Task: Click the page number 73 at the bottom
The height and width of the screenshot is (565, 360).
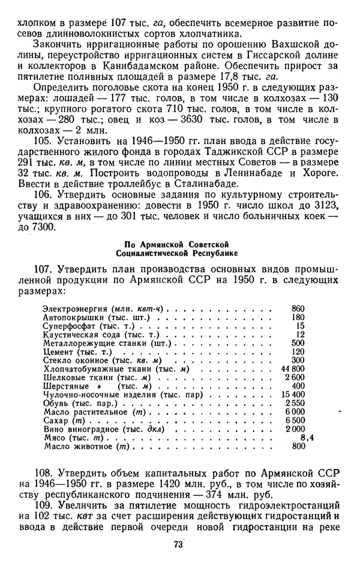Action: (x=178, y=544)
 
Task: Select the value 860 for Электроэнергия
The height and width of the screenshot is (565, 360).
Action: (x=298, y=307)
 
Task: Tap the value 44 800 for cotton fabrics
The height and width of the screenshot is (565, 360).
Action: (x=293, y=368)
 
